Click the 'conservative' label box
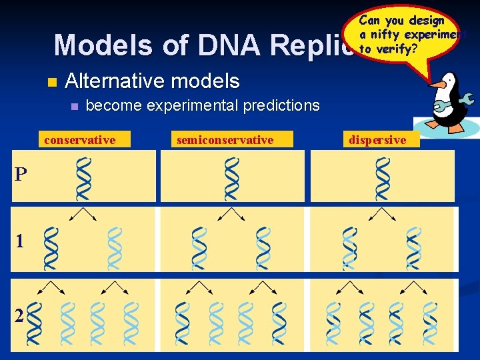coord(79,139)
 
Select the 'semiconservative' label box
coord(225,139)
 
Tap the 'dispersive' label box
coord(377,139)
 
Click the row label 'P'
coord(21,175)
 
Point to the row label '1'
coord(20,241)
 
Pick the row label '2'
coord(19,316)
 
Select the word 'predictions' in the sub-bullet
coord(283,105)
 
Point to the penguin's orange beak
coord(437,86)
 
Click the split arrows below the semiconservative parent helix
coord(231,214)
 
